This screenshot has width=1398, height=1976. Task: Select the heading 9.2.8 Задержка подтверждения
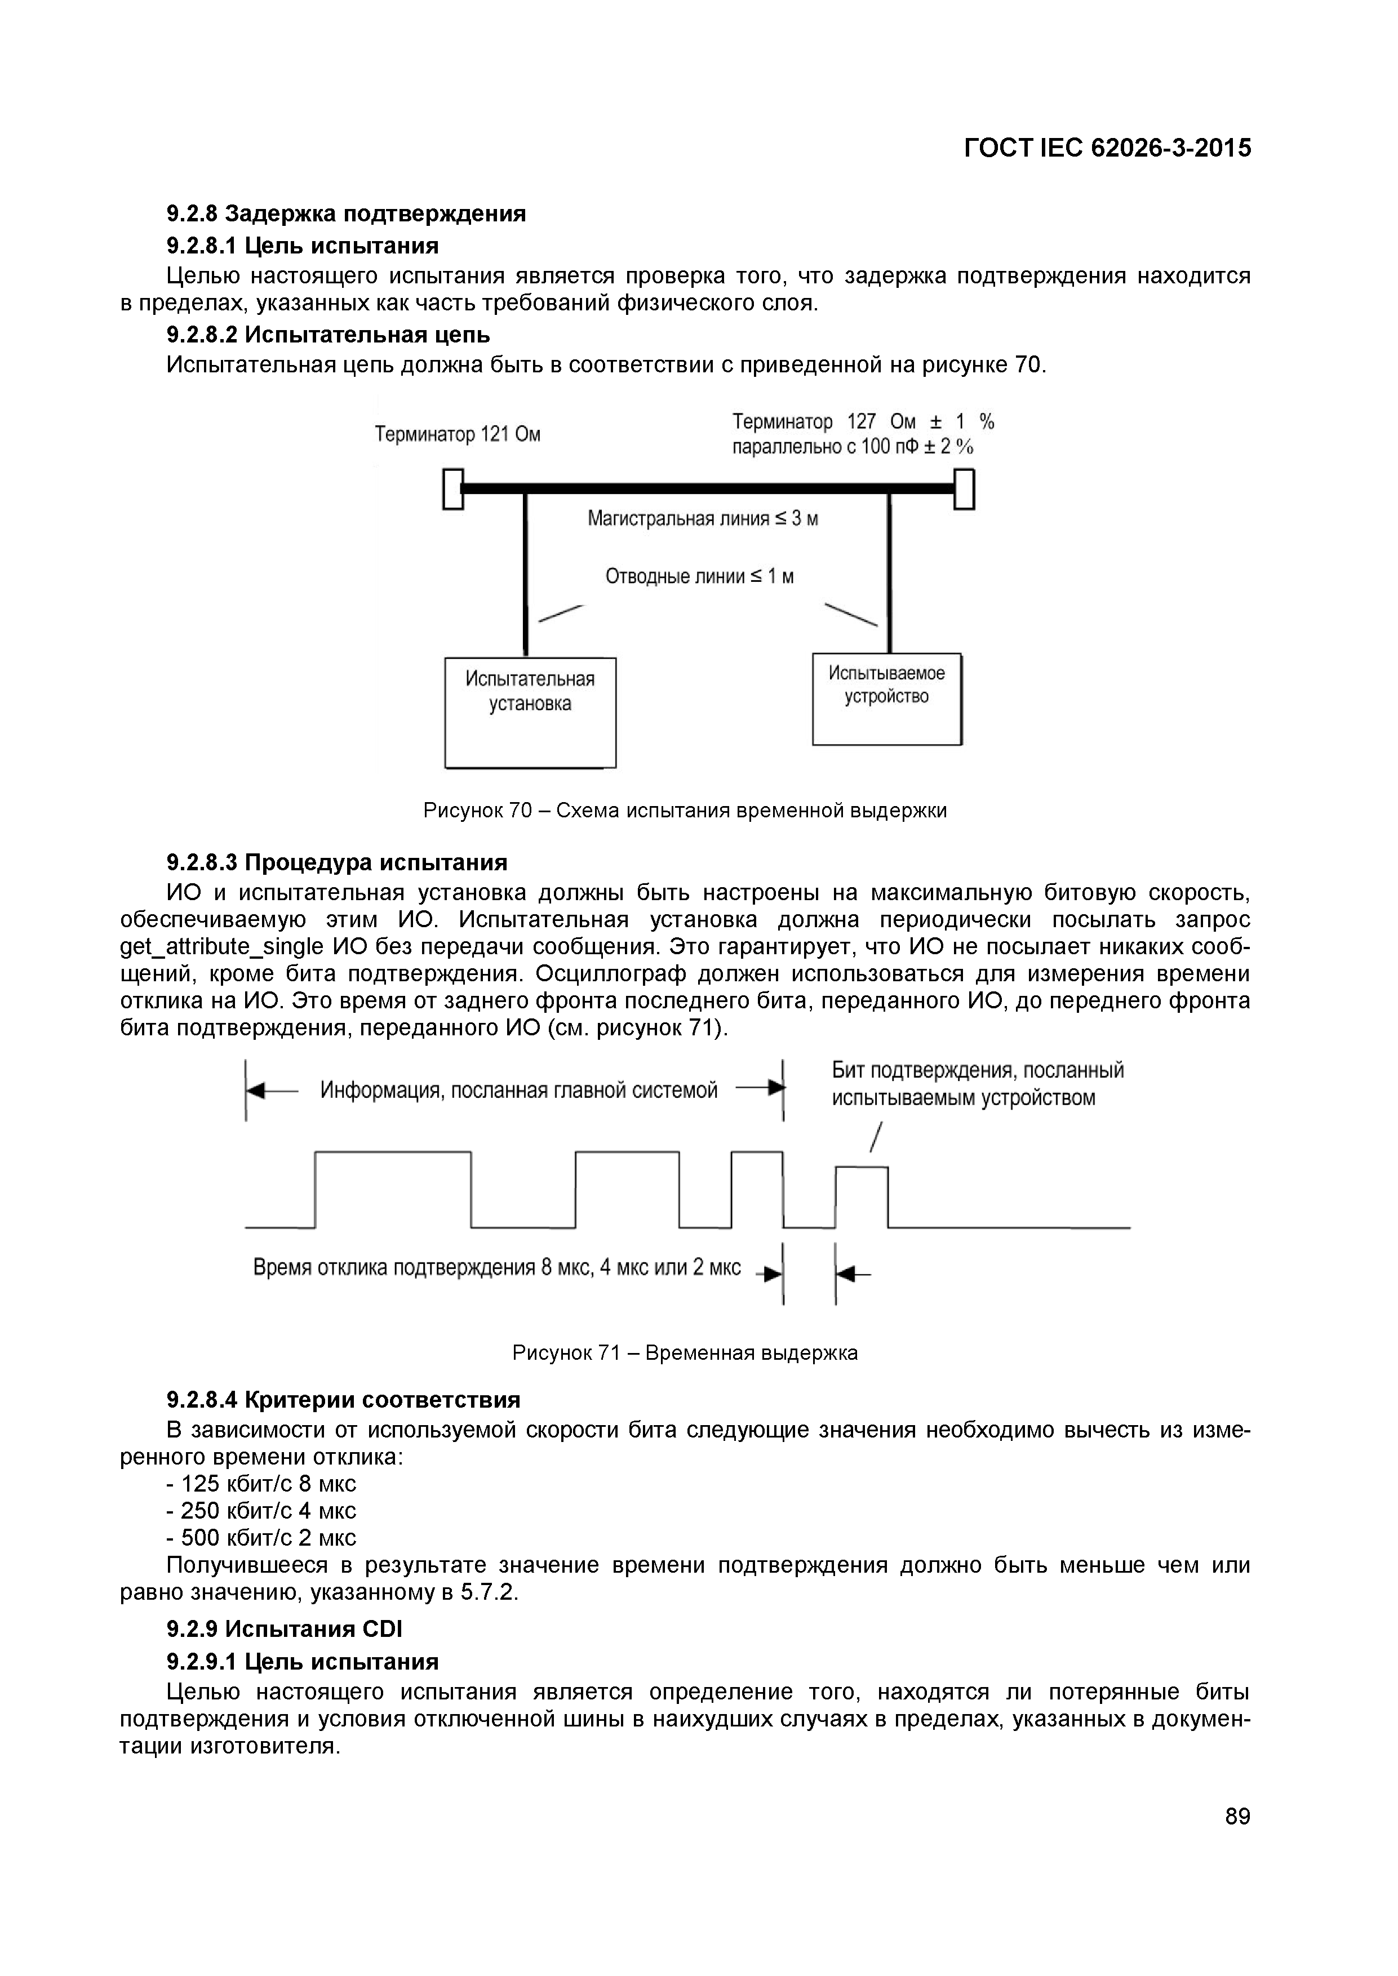[346, 213]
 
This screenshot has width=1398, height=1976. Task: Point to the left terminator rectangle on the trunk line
[453, 489]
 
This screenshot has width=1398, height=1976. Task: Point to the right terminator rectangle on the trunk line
[964, 489]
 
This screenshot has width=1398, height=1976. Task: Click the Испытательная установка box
[530, 712]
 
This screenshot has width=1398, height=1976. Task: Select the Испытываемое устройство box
[887, 699]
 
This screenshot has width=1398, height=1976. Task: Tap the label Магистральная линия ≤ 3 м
[703, 518]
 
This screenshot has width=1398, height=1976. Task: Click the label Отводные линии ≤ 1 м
[699, 576]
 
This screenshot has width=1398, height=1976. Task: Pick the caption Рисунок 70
[685, 811]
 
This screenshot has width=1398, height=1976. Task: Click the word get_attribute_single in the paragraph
[222, 947]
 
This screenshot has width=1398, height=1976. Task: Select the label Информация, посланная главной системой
[518, 1091]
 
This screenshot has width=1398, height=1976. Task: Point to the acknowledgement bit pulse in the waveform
[862, 1195]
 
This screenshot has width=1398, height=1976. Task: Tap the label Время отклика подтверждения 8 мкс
[496, 1268]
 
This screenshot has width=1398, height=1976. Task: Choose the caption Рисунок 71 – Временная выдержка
[685, 1352]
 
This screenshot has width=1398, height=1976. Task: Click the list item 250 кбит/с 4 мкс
[261, 1510]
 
